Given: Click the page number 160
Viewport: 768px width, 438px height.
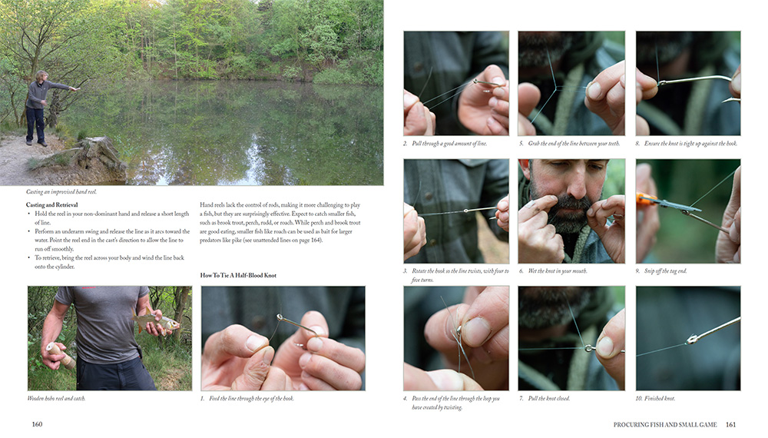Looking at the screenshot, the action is [x=37, y=424].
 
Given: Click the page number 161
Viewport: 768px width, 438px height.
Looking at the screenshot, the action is [x=730, y=424].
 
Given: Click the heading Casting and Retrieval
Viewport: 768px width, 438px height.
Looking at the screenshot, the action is [x=52, y=205].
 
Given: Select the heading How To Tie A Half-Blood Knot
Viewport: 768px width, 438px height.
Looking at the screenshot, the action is [x=238, y=275].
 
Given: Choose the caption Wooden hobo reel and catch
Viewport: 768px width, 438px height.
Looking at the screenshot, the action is [x=56, y=398].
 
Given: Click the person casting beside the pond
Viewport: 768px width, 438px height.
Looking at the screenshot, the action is [x=41, y=108].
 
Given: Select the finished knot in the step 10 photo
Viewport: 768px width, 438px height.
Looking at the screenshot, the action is [x=692, y=339].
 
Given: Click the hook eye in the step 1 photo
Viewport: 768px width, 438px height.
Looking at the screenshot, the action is [x=280, y=317].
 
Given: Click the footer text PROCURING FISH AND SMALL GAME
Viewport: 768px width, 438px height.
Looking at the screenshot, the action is [x=664, y=424].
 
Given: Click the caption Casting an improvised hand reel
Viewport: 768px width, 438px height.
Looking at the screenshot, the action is [x=61, y=191].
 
